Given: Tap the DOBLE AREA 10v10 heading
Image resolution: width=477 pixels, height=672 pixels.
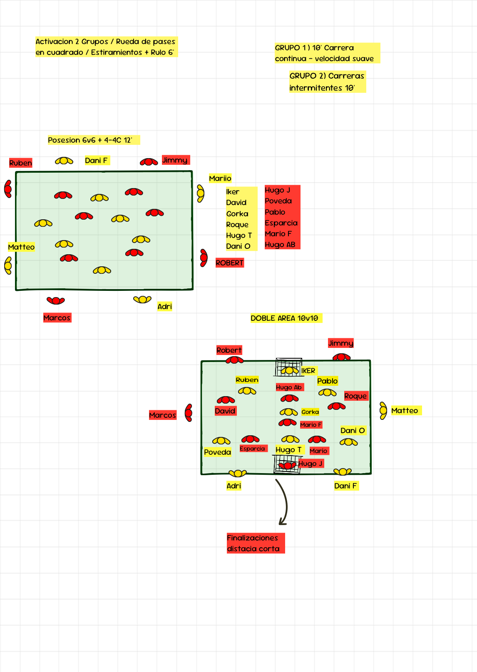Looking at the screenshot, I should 285,318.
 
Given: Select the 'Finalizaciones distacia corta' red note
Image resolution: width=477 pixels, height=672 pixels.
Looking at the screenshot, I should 255,543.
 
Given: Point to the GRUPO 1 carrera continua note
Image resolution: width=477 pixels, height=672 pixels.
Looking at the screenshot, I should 326,53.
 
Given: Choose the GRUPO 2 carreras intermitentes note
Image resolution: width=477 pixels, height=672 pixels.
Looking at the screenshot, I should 327,82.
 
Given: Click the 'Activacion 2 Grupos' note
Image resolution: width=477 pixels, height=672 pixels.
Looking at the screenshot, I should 106,47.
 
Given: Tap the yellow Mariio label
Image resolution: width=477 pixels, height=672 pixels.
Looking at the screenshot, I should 220,179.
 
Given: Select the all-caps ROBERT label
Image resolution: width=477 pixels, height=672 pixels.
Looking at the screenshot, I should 229,263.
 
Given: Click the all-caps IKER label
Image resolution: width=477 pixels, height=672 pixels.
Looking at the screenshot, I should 308,371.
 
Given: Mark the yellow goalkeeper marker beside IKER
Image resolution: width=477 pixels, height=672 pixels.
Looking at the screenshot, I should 289,370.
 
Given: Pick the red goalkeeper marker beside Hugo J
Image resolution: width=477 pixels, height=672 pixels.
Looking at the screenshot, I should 287,465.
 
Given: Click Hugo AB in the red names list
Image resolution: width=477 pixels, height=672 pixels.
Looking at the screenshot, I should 280,245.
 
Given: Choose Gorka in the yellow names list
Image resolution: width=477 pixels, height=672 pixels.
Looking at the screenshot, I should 237,214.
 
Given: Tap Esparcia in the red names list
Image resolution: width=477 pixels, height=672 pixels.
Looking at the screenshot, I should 281,223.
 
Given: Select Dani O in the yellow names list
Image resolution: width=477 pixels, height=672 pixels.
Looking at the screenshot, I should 238,246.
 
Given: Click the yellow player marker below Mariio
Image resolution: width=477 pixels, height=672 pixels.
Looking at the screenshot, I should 201,193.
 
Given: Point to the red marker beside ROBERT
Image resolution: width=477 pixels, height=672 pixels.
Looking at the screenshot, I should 204,258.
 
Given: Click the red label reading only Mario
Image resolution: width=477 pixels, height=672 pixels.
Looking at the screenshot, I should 318,451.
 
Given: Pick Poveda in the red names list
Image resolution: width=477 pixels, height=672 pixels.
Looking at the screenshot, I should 278,201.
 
